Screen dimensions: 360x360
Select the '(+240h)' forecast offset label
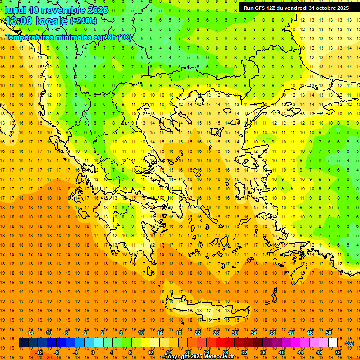(83, 21)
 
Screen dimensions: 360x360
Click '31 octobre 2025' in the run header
(329, 8)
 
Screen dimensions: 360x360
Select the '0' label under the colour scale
(92, 352)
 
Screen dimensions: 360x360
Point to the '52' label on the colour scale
(338, 352)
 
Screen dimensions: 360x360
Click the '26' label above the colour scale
(216, 333)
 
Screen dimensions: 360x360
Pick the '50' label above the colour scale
(329, 333)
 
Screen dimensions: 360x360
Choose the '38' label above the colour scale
(272, 333)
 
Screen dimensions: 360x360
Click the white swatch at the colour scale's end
(333, 343)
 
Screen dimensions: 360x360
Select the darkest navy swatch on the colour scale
(23, 343)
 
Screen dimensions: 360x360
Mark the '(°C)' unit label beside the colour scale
(349, 343)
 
